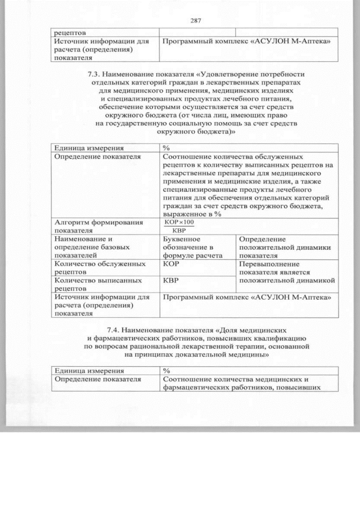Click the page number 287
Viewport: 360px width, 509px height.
196,21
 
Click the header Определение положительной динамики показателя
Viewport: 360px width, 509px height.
283,247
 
